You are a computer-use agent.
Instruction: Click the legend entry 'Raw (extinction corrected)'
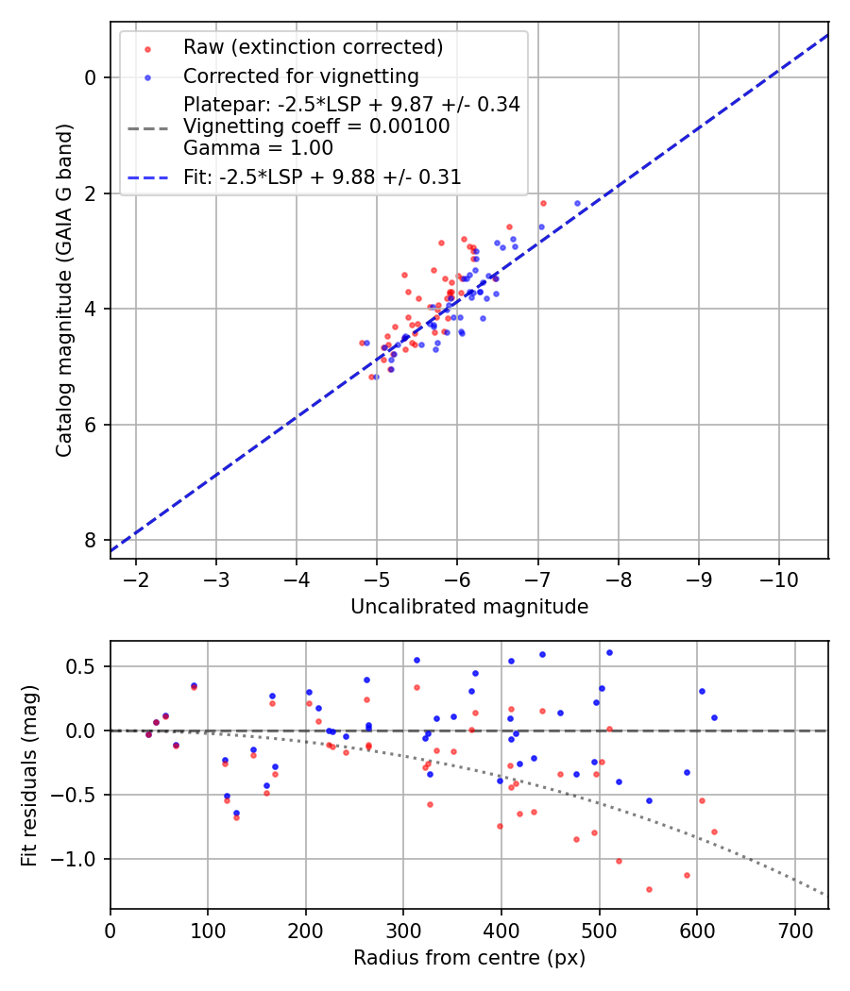pyautogui.click(x=313, y=47)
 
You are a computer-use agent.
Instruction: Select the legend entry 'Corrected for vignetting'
pyautogui.click(x=300, y=76)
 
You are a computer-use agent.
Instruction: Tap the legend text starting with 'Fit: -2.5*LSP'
pyautogui.click(x=322, y=176)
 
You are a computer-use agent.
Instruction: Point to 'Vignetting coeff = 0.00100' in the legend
pyautogui.click(x=316, y=126)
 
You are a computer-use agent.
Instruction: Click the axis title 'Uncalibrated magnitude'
pyautogui.click(x=469, y=607)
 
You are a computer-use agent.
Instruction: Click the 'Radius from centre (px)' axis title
pyautogui.click(x=469, y=958)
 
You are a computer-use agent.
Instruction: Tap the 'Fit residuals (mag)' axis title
pyautogui.click(x=29, y=775)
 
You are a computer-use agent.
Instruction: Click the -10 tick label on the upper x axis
pyautogui.click(x=779, y=578)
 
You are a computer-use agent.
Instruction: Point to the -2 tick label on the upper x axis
pyautogui.click(x=136, y=578)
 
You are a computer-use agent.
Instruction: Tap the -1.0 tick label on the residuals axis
pyautogui.click(x=79, y=859)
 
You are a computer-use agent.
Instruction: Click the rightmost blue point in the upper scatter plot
pyautogui.click(x=578, y=203)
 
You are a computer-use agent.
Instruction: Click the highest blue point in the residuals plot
pyautogui.click(x=609, y=652)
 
